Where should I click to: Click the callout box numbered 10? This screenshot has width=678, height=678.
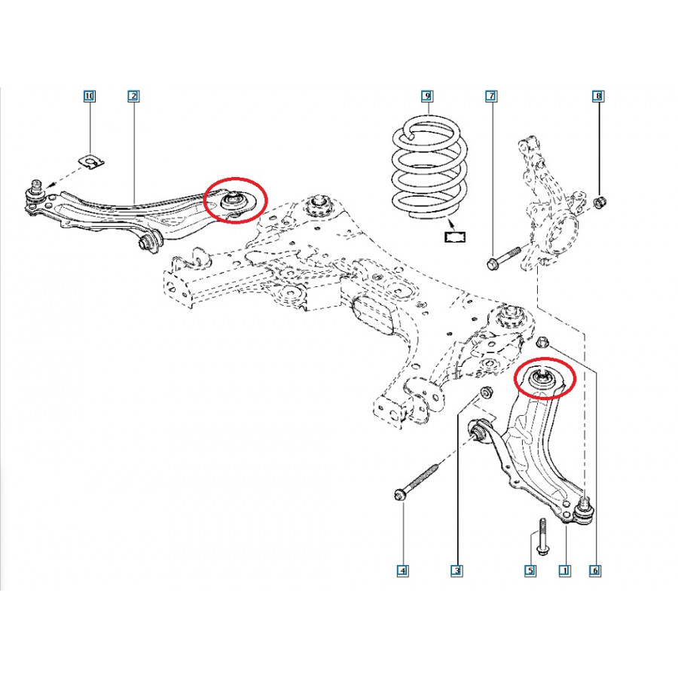[89, 96]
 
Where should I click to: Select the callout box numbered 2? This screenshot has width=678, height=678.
[133, 96]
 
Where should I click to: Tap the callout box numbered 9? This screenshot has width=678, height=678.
[427, 96]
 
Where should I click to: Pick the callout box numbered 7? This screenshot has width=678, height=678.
[491, 96]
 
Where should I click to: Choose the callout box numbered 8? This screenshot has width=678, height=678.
[598, 96]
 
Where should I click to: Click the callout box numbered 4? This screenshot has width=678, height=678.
[403, 571]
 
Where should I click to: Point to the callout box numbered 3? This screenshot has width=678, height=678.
[457, 571]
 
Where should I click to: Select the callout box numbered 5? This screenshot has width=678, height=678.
[530, 571]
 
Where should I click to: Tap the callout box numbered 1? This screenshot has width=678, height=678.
[565, 571]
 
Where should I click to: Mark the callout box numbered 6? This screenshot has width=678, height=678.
[595, 571]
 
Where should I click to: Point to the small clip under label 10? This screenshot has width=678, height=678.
[92, 161]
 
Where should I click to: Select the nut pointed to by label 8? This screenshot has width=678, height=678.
[600, 201]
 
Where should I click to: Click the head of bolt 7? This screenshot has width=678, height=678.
[492, 263]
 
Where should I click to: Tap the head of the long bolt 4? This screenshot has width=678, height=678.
[399, 495]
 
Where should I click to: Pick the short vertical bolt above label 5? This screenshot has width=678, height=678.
[542, 536]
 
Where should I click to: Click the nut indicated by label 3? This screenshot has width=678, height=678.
[487, 392]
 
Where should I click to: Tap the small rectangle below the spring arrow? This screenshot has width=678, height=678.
[455, 237]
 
